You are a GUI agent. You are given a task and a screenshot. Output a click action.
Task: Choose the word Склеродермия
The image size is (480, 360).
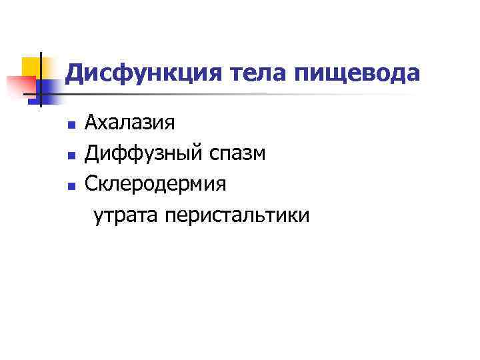click(x=155, y=184)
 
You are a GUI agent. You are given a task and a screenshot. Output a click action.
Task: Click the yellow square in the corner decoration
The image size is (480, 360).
click(x=31, y=66)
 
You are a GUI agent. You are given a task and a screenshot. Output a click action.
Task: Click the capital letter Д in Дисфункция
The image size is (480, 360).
click(x=75, y=73)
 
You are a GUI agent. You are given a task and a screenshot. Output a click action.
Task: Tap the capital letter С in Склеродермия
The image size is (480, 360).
click(x=91, y=184)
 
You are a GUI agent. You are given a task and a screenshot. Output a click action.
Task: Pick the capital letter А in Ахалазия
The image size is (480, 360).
click(x=92, y=123)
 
